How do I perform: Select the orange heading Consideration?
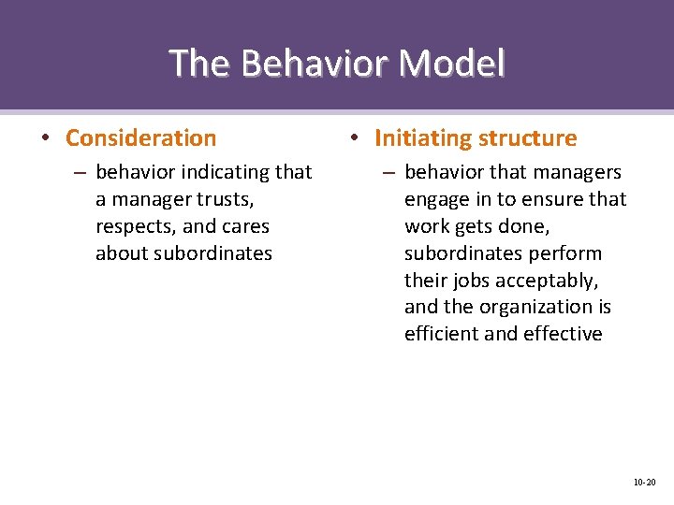pos(140,138)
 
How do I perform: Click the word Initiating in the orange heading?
pos(423,138)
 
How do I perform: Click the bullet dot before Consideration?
pos(46,139)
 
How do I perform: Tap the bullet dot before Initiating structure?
pos(355,139)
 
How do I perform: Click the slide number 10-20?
pos(644,483)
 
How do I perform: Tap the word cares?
pos(246,226)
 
